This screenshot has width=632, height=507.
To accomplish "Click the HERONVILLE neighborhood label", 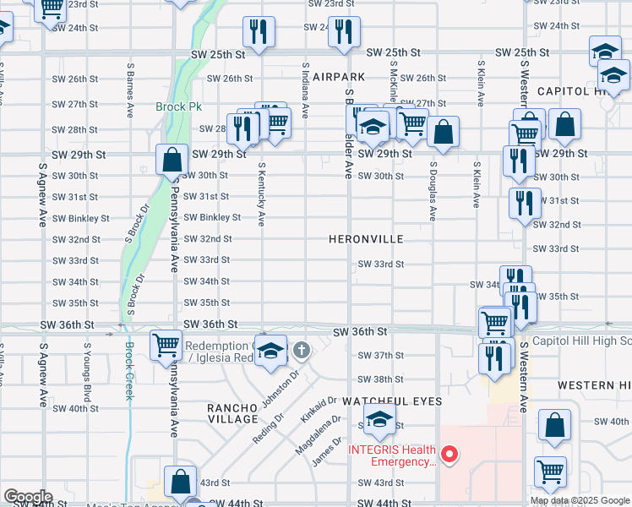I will coord(366,240).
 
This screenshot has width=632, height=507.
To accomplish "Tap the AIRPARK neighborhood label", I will coord(338,77).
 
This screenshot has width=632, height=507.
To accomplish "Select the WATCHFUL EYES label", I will coord(392,401).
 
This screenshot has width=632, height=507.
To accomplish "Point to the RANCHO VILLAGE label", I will coord(232,413).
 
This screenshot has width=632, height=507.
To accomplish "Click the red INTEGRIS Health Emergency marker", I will coord(450,455).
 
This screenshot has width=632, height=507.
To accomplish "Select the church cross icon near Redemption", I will coord(302,348).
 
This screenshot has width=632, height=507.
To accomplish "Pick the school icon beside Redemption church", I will coord(270,352).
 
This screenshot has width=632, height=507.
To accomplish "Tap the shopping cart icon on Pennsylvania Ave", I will coord(166,344).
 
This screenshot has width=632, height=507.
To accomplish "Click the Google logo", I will coord(28,497).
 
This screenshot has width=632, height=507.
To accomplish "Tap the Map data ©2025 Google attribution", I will coord(579,500).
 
